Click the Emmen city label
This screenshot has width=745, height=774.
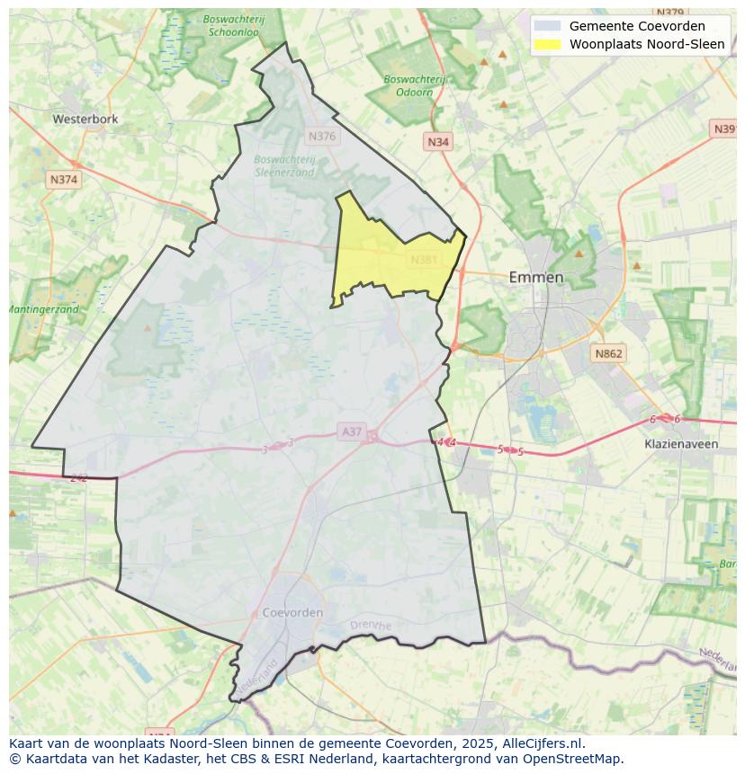tap(536, 277)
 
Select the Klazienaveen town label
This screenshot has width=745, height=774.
tap(681, 443)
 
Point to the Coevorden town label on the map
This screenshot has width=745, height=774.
tap(292, 612)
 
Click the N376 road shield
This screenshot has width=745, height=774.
tap(321, 137)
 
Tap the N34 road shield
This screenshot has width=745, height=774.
tap(438, 142)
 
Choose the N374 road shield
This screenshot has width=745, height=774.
tap(64, 180)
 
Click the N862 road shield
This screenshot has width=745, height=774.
tap(608, 354)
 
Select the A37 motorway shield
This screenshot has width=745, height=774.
tap(352, 432)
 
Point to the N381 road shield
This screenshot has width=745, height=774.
tap(424, 260)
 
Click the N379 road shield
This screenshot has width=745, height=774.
tap(670, 13)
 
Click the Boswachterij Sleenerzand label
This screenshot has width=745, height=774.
tap(284, 165)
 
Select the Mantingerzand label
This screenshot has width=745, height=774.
tap(43, 309)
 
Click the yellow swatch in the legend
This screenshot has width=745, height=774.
tap(547, 44)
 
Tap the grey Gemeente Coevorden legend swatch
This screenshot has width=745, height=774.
tap(547, 26)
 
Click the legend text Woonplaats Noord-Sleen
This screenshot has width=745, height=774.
tap(647, 44)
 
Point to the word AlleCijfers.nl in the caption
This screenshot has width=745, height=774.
tap(542, 743)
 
